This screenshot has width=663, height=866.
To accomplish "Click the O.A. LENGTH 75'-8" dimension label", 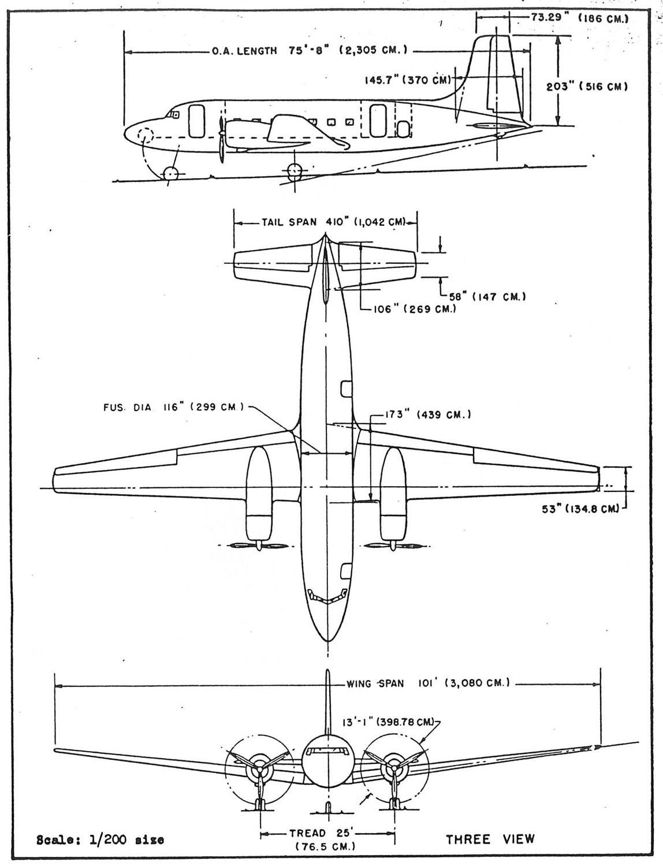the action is (x=310, y=50).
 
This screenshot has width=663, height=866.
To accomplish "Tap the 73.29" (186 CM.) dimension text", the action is (x=580, y=18).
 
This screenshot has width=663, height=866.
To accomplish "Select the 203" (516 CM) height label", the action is (x=587, y=87).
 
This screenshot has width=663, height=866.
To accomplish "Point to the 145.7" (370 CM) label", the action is (x=408, y=80).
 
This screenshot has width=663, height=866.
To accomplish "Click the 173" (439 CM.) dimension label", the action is (x=428, y=415).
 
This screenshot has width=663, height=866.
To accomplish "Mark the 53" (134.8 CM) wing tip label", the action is (x=580, y=509).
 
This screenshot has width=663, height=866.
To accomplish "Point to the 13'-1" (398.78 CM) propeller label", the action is (x=388, y=722).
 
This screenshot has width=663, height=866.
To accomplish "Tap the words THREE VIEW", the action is (x=490, y=839).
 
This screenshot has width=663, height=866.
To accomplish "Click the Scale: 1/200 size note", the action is (x=100, y=840).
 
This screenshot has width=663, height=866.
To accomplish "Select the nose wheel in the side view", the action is (x=170, y=173).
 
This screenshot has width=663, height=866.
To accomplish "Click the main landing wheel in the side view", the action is (x=295, y=171).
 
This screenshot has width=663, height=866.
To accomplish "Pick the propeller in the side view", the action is (x=222, y=140).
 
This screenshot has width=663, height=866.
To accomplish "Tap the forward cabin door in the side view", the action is (x=196, y=121).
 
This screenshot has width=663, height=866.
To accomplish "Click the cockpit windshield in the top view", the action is (x=327, y=596).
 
